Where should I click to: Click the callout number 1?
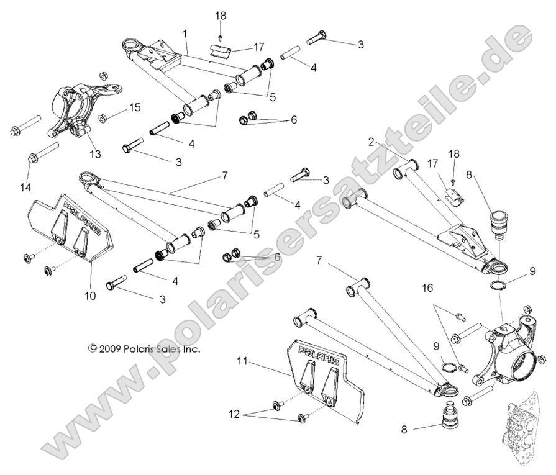click(x=185, y=32)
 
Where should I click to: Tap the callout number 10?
click(x=91, y=296)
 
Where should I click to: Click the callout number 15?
click(x=135, y=108)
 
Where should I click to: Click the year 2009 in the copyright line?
click(x=112, y=349)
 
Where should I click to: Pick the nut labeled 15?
click(x=103, y=117)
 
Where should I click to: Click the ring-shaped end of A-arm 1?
click(x=133, y=46)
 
